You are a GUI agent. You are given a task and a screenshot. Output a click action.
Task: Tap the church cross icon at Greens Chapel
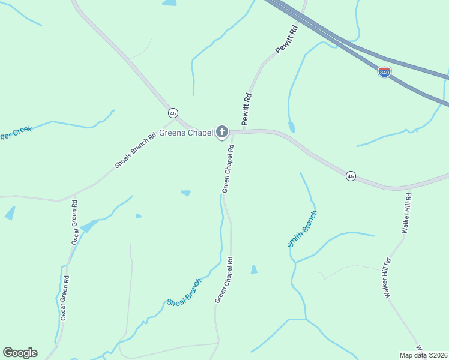click(222, 132)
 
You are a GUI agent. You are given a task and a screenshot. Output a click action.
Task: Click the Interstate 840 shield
click(384, 73)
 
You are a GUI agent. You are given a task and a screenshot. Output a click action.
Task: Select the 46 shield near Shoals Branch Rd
click(173, 113)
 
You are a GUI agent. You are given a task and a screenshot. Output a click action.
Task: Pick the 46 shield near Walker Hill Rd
click(351, 176)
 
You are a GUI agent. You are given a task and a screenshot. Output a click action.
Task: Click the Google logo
click(20, 353)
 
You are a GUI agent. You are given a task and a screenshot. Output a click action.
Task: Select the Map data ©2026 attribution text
click(423, 355)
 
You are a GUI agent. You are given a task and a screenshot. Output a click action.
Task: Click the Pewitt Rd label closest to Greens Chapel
click(246, 108)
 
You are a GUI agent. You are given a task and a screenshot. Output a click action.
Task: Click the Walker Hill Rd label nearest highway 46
click(406, 213)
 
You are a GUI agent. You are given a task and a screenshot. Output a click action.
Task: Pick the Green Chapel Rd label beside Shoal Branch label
click(221, 281)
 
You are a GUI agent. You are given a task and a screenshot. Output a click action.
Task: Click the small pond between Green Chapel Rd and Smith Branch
click(254, 269)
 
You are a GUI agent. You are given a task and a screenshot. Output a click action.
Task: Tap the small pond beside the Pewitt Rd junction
click(292, 127)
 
